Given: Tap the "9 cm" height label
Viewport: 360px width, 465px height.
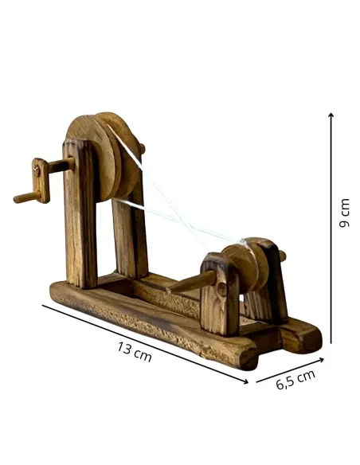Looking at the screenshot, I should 344,214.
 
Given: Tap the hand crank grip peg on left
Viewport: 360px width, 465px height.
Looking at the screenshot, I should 23,197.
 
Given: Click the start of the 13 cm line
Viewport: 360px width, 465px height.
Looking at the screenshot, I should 44,306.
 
